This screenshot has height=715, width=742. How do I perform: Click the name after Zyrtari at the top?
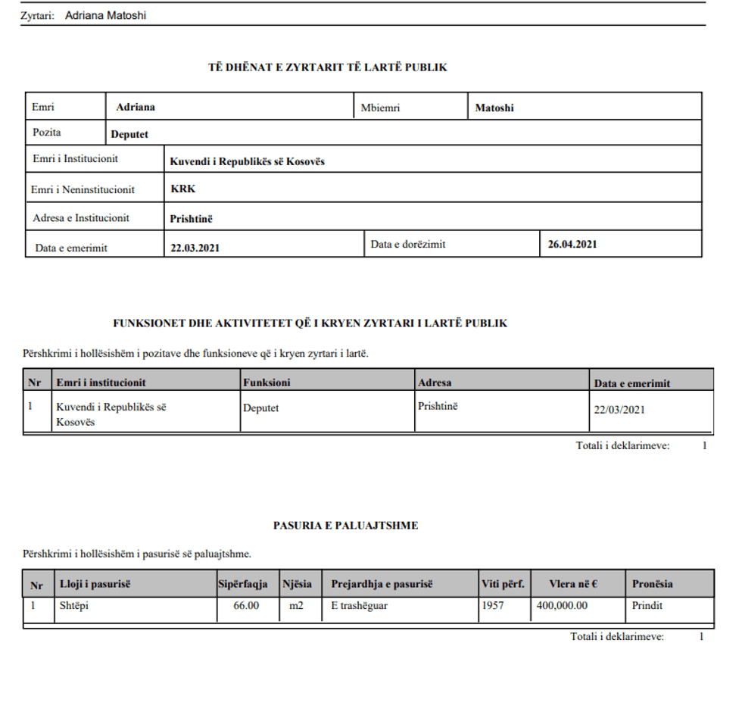105,15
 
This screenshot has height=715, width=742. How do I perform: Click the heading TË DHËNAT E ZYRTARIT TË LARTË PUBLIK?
327,67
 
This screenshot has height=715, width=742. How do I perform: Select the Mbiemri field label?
380,108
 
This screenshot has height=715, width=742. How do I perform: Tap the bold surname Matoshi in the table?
494,108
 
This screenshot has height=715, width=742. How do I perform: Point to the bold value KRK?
182,189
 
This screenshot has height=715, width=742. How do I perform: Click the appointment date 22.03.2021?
195,248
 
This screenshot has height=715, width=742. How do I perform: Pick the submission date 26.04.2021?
572,244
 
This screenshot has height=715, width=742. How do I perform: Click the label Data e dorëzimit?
408,245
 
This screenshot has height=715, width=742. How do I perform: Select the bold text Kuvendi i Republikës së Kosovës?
247,161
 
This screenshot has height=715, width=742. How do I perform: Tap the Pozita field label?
47,133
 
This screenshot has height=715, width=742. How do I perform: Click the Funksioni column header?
267,382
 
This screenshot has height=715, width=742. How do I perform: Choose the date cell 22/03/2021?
619,409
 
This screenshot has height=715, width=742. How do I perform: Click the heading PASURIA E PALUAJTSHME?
345,525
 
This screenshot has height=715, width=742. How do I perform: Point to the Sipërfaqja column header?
242,584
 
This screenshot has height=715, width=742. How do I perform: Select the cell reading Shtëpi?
73,605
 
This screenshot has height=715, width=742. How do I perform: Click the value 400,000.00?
562,605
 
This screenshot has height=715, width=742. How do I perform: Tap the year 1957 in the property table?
492,605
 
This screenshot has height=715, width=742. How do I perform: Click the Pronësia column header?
652,584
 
